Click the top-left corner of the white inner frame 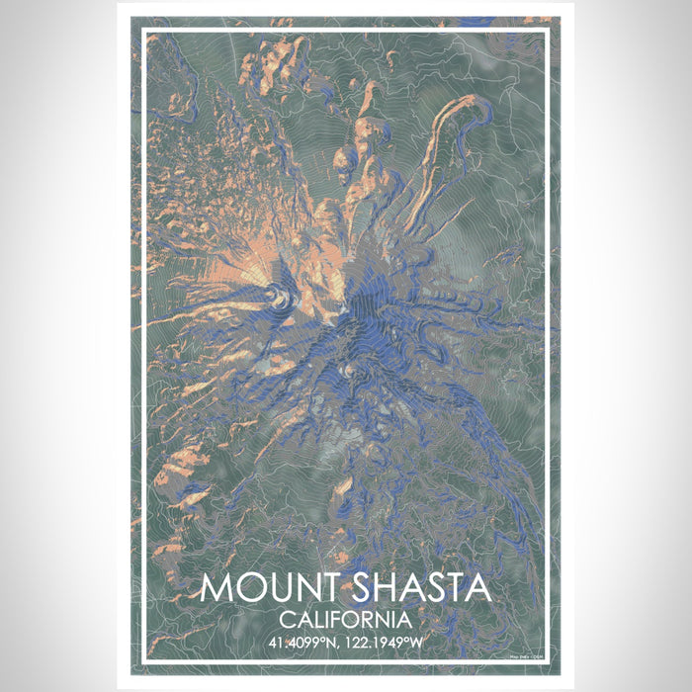point(144,32)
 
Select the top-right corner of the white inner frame point(548,32)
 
